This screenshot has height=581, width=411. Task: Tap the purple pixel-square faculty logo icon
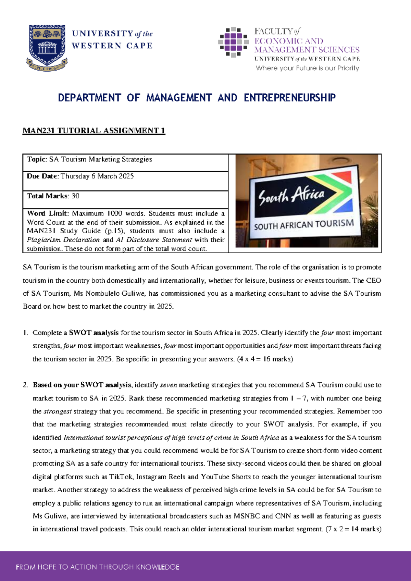(x=233, y=42)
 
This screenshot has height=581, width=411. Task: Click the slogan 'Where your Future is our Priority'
(x=307, y=68)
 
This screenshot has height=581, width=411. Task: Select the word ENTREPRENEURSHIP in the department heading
(x=289, y=98)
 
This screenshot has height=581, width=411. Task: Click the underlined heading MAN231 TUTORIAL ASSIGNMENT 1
(x=94, y=131)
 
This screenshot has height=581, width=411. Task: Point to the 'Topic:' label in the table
(x=37, y=159)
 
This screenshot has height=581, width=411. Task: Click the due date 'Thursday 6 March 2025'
(x=97, y=176)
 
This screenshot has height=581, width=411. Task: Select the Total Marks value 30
(x=75, y=196)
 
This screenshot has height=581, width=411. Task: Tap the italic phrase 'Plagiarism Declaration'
(x=63, y=240)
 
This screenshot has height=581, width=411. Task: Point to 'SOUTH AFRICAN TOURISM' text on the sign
(x=304, y=225)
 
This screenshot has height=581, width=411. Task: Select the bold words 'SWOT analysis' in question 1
(x=94, y=333)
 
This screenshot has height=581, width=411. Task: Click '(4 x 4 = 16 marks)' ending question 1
(x=265, y=359)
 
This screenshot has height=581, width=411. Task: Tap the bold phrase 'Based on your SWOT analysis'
(x=82, y=385)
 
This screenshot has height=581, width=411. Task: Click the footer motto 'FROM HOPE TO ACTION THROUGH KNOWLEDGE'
(x=97, y=567)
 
